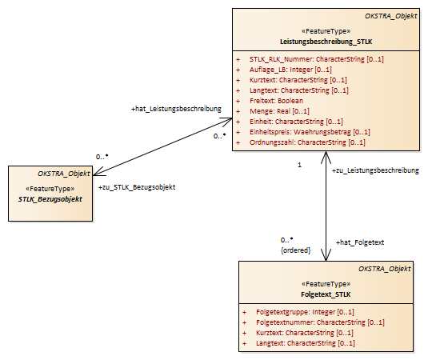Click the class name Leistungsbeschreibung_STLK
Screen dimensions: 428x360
(326, 42)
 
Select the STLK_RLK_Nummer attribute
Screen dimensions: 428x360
(316, 59)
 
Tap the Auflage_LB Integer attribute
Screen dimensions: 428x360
(290, 70)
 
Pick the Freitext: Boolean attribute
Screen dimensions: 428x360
(276, 101)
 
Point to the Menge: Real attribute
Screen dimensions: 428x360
(279, 111)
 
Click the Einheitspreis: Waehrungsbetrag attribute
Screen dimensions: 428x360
(310, 132)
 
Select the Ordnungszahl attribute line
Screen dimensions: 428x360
(307, 142)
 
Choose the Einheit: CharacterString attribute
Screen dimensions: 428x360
(296, 122)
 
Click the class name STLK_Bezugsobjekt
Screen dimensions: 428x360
(50, 199)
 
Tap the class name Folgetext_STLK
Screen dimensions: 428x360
(326, 294)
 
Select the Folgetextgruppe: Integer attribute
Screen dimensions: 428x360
(305, 312)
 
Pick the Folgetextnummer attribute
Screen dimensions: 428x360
(320, 322)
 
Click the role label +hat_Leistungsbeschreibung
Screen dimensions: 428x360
(176, 109)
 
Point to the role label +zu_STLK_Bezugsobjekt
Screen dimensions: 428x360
(137, 187)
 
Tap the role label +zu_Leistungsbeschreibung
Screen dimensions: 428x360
(375, 170)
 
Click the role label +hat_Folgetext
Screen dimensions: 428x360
(360, 242)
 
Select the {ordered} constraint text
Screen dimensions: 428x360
(296, 250)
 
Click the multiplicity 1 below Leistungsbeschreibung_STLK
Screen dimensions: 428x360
(299, 165)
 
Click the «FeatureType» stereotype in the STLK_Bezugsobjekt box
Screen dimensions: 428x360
(50, 189)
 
